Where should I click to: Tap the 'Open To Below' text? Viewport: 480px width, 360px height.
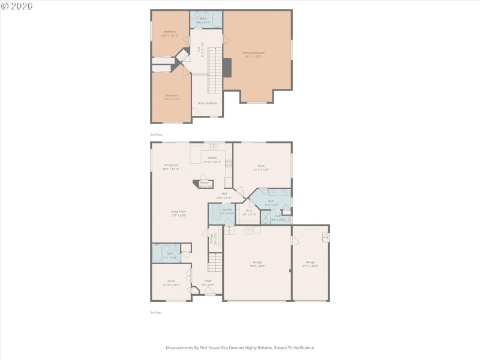pyautogui.click(x=207, y=103)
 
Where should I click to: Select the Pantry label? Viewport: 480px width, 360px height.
pyautogui.click(x=205, y=184)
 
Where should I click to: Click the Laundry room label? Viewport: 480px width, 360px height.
pyautogui.click(x=226, y=211)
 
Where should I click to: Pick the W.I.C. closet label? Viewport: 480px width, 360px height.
pyautogui.click(x=249, y=212)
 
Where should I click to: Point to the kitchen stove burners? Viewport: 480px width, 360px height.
pyautogui.click(x=228, y=164)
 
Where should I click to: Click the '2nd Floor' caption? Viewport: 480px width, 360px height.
pyautogui.click(x=157, y=134)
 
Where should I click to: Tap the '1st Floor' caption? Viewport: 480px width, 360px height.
pyautogui.click(x=156, y=313)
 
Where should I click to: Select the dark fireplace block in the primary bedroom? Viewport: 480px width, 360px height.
pyautogui.click(x=227, y=67)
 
